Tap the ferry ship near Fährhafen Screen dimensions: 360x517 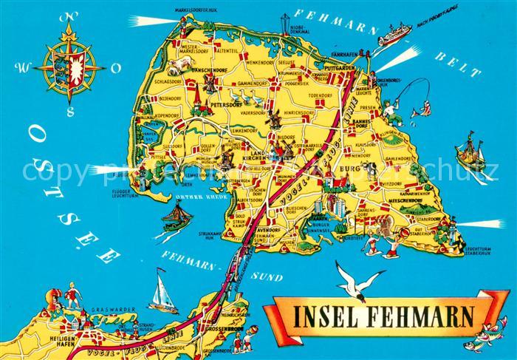pos(394,34)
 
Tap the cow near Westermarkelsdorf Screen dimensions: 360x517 pos(177,68)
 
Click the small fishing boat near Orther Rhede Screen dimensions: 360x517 pos(177,216)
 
